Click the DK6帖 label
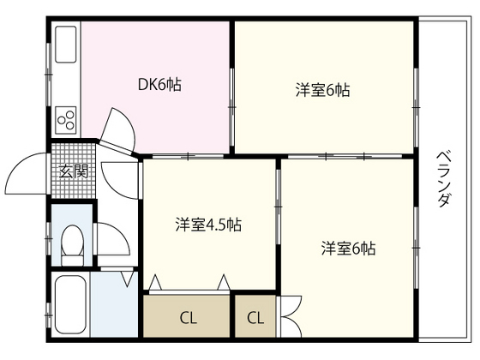click(159, 85)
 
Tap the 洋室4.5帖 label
click(208, 225)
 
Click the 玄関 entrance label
click(73, 171)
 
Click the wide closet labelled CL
click(187, 317)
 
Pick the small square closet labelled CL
click(255, 317)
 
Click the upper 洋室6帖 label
click(322, 88)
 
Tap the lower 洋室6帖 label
click(348, 249)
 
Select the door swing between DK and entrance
click(118, 129)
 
